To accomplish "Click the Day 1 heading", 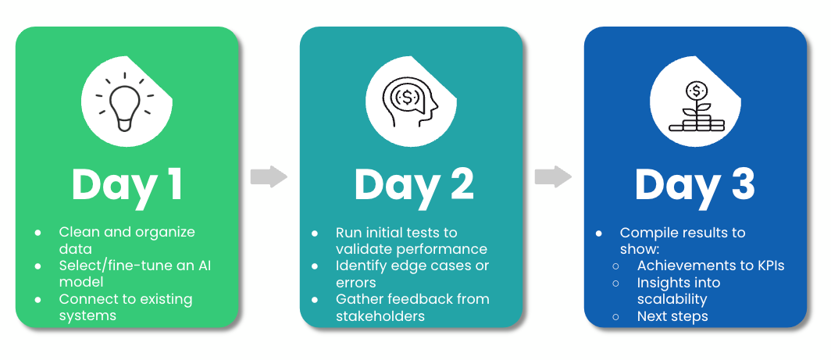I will [x=127, y=184].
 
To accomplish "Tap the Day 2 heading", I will [x=413, y=184].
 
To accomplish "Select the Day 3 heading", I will [x=694, y=185].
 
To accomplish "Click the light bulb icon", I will [x=125, y=102].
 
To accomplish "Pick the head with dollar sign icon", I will [x=409, y=102].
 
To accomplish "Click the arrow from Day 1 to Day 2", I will [x=269, y=177].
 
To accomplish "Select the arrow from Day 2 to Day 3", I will [x=553, y=177].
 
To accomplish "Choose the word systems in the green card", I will [x=87, y=315].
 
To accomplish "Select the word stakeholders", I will [x=380, y=315].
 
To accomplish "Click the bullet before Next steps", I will [x=617, y=316].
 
